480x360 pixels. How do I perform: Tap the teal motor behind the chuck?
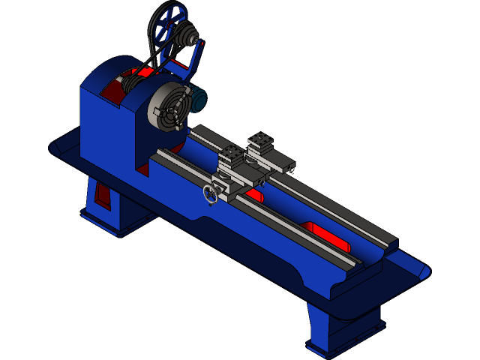[199, 100]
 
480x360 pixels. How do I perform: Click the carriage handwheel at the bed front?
[211, 193]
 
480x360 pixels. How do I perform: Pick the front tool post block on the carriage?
[232, 157]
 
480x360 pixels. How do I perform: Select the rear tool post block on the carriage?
[262, 142]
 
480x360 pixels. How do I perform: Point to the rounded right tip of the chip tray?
[424, 269]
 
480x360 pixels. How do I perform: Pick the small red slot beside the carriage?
[254, 195]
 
